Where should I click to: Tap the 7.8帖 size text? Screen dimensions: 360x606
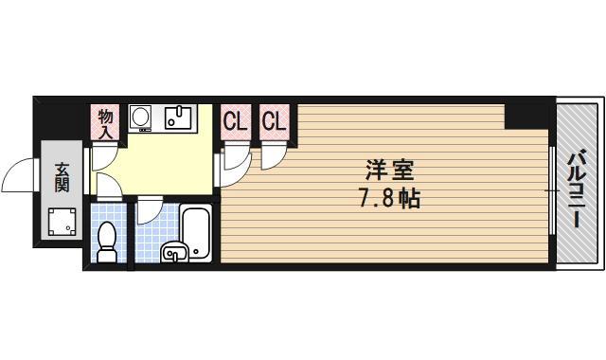pos(390,199)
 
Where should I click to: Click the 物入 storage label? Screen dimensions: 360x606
pos(106,123)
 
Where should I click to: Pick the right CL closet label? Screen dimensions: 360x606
pos(274,123)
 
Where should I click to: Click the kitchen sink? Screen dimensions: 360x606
pos(176,117)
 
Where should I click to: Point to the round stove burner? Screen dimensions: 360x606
pos(141,117)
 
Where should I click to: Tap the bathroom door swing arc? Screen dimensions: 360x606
pos(149,213)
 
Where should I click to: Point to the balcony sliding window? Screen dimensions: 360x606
pos(551,189)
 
